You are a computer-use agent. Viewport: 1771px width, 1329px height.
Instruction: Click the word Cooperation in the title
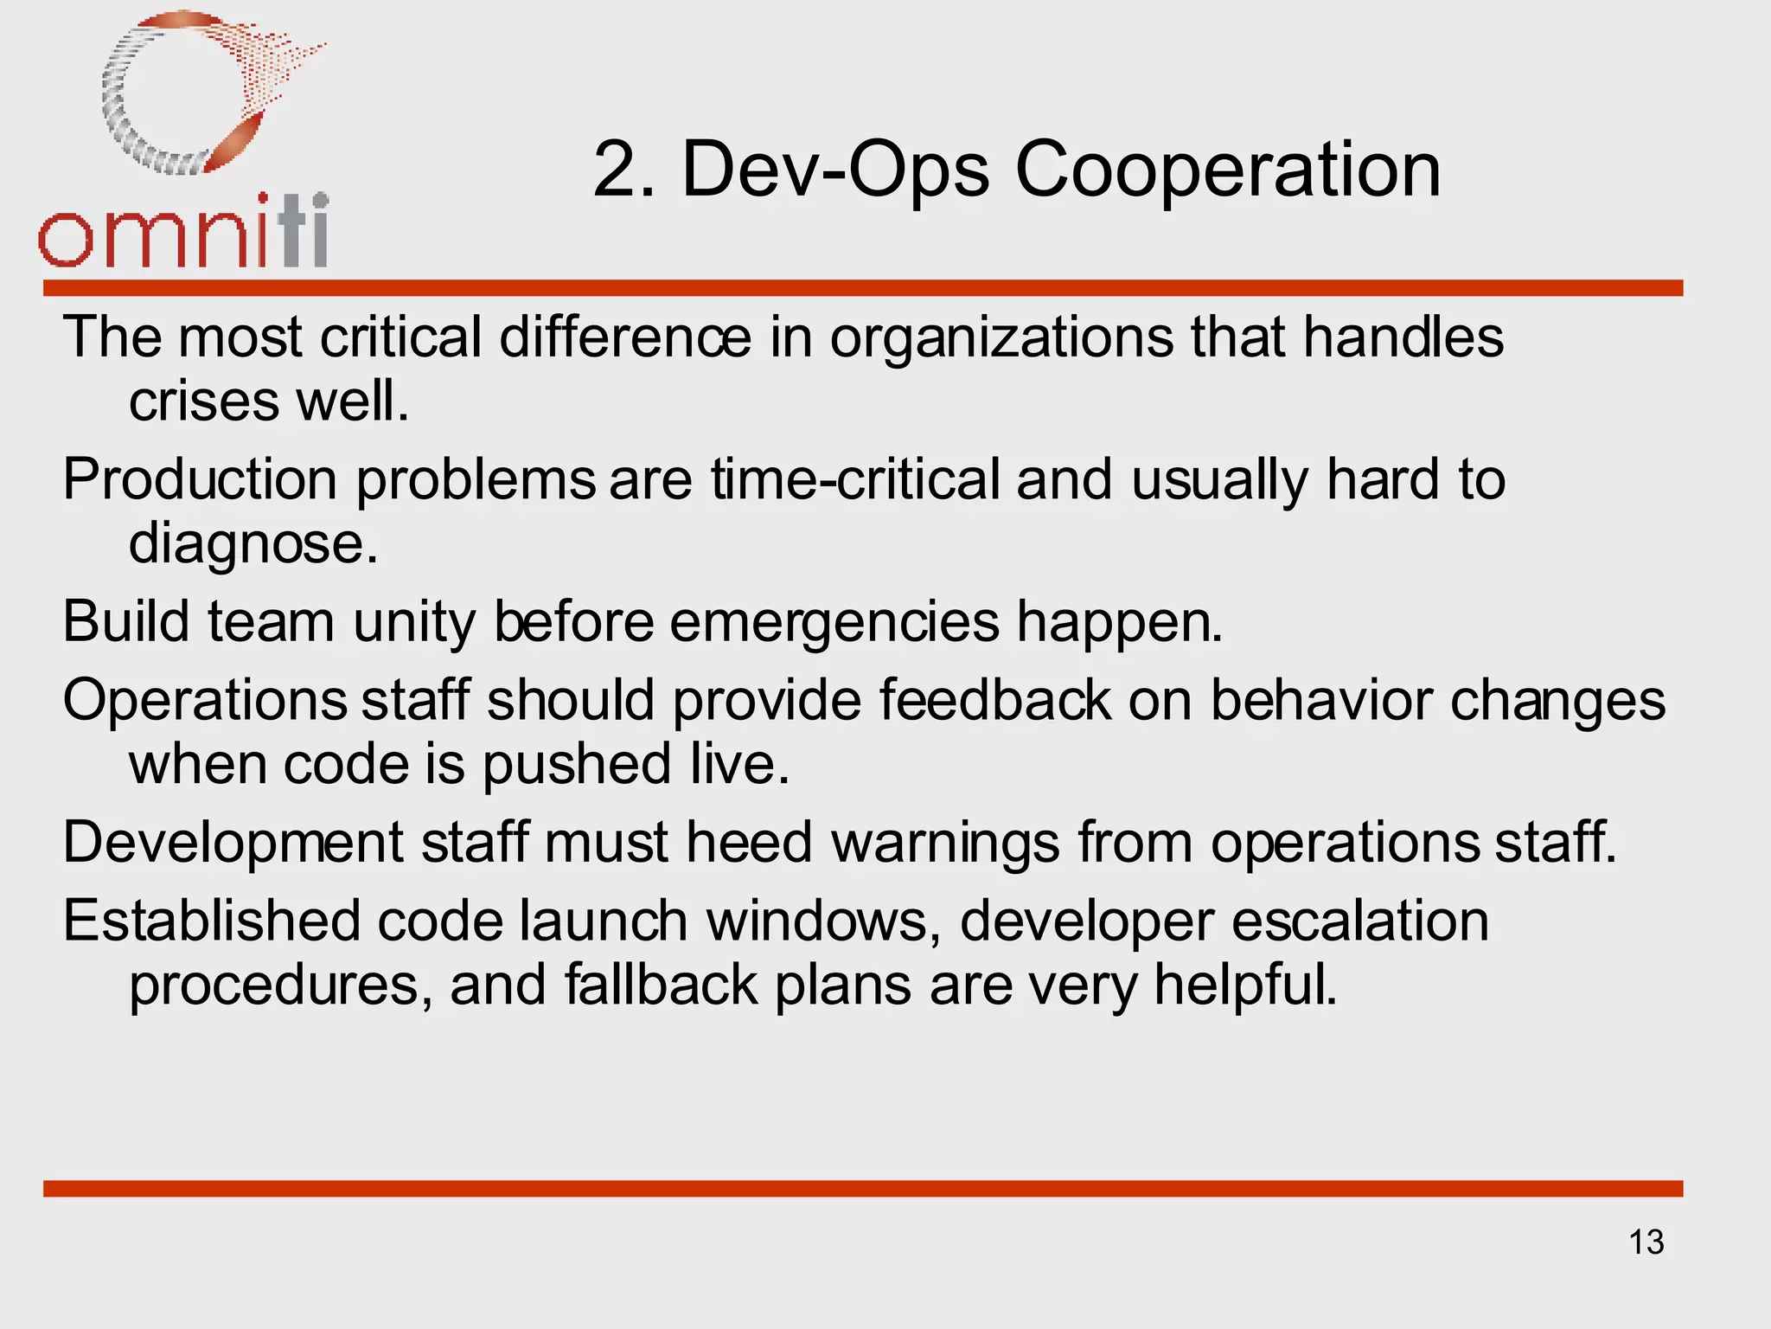[x=1228, y=170]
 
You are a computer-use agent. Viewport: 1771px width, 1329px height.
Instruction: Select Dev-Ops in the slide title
[x=835, y=171]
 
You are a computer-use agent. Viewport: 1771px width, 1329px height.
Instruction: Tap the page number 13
[x=1646, y=1242]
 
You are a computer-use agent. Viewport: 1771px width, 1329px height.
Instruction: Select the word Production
[x=200, y=480]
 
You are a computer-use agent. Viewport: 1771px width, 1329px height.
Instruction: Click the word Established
[x=211, y=921]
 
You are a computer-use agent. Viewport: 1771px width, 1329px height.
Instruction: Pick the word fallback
[x=662, y=986]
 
